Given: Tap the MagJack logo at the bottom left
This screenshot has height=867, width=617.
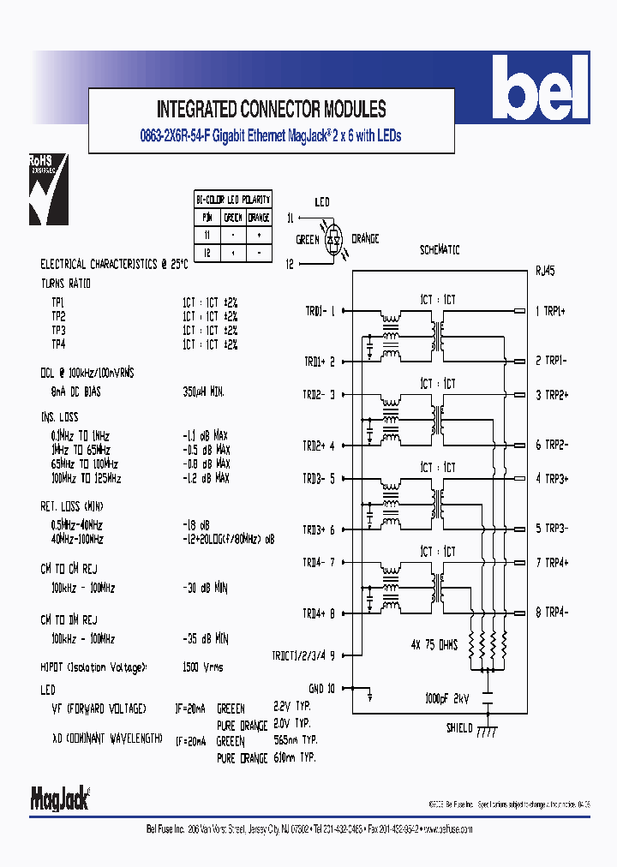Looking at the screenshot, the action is tap(60, 798).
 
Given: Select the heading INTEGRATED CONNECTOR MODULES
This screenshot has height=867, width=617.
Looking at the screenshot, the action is tap(271, 110).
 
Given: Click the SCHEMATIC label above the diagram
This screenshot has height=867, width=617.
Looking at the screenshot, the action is tap(440, 250).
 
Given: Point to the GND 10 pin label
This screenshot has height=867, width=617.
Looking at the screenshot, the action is tap(322, 687).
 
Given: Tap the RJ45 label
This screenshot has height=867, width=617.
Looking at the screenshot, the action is tap(545, 272).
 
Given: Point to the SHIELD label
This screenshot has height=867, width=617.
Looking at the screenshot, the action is tap(459, 727).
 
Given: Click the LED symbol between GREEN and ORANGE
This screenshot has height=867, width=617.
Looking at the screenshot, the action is tap(335, 239).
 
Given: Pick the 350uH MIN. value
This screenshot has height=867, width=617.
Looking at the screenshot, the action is tap(203, 391).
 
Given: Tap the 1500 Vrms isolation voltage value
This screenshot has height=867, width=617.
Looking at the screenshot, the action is tap(203, 666).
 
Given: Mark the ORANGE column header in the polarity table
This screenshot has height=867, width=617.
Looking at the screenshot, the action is tap(259, 217).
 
